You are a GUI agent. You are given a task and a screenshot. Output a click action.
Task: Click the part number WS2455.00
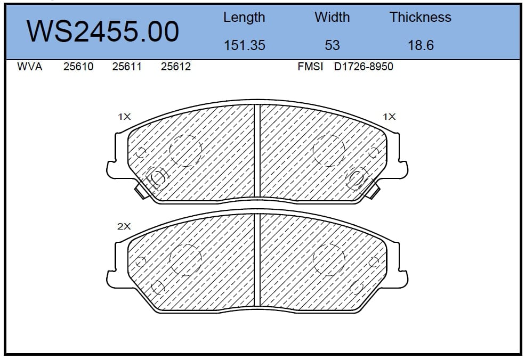[103, 31]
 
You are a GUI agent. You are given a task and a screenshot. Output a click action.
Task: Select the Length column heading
[244, 18]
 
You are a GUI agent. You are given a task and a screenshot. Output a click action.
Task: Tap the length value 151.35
[244, 45]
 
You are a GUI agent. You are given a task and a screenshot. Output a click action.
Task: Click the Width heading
[332, 17]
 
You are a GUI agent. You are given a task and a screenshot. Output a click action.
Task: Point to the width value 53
[332, 45]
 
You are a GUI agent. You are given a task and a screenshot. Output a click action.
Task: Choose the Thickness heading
[420, 17]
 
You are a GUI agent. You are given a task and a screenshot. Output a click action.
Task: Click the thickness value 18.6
[421, 45]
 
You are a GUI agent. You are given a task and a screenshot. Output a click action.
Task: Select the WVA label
[29, 67]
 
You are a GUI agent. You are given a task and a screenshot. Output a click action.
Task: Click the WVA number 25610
[78, 67]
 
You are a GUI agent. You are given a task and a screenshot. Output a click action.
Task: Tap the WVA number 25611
[127, 67]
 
